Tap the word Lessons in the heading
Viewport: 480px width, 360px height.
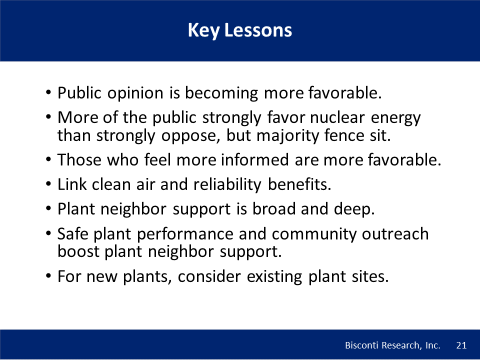[258, 30]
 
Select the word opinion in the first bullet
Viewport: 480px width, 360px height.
[135, 93]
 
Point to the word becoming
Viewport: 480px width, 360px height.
[221, 93]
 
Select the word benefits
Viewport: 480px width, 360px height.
[299, 184]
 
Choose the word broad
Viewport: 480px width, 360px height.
[274, 209]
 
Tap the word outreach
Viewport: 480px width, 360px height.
[395, 234]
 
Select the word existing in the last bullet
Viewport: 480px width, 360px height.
[274, 277]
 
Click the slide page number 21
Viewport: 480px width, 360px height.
[461, 345]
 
